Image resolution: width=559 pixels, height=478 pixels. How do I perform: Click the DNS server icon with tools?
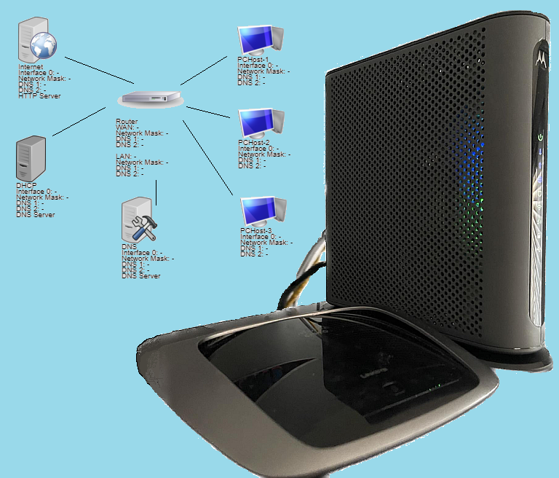pos(139,222)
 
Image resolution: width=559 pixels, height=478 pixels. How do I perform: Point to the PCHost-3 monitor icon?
pos(263,211)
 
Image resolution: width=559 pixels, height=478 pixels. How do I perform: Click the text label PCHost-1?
pos(253,60)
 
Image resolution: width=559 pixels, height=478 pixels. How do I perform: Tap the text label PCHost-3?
pos(255,230)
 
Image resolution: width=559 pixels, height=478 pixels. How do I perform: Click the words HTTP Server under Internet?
pos(39,96)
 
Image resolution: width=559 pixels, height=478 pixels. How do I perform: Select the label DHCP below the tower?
pos(25,186)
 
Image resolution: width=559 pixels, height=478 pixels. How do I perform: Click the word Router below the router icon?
pos(127,122)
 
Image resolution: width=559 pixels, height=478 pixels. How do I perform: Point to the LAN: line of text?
pos(125,157)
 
